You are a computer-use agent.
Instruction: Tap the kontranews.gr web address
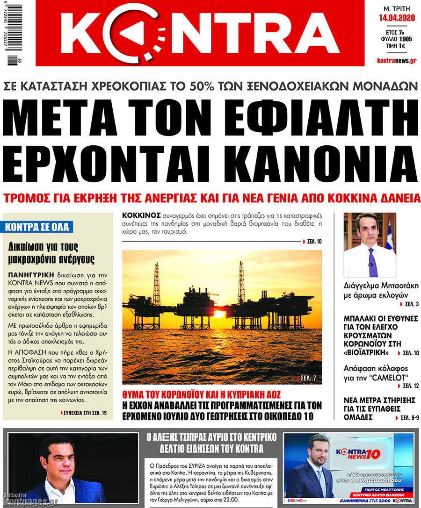[x=397, y=61]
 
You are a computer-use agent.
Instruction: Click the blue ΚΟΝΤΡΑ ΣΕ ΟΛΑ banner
[x=37, y=228]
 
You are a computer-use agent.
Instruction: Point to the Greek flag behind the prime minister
[x=389, y=236]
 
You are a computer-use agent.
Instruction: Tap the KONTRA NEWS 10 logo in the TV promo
[x=358, y=453]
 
